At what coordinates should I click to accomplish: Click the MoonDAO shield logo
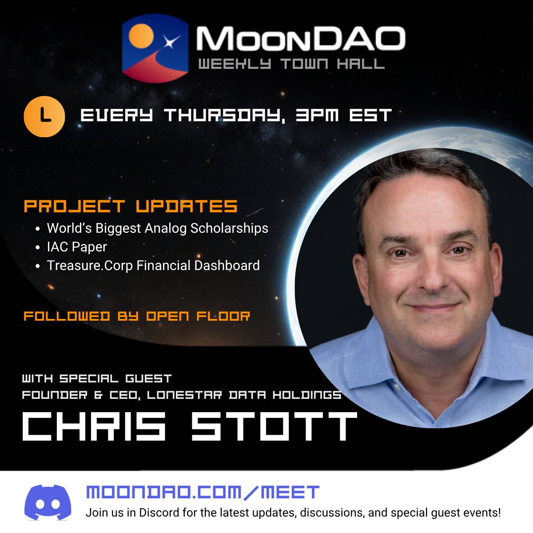pos(155,48)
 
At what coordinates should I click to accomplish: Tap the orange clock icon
pos(44,116)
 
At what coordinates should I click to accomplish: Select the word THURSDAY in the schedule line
pos(224,115)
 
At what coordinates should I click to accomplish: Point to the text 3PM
pos(317,115)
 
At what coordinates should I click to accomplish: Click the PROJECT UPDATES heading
pos(131,206)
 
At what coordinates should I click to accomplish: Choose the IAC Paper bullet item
pos(77,247)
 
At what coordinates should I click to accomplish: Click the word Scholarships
pos(229,228)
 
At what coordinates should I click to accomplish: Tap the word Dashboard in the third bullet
pos(227,265)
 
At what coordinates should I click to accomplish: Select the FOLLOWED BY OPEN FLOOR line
pos(137,316)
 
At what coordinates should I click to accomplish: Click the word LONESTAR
pos(184,395)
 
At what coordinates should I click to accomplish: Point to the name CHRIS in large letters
pos(94,426)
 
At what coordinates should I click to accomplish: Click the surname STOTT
pos(274,426)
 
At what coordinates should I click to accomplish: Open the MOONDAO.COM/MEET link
pos(203,492)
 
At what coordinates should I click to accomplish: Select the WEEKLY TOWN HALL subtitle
pos(291,64)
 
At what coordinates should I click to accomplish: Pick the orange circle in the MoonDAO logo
pos(141,36)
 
